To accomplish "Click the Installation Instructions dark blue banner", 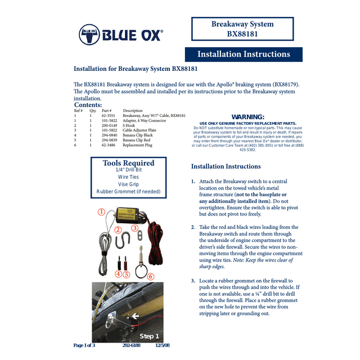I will [244, 54].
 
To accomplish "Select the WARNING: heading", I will [247, 116].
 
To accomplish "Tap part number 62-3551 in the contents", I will [109, 115].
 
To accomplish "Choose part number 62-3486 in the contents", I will [109, 145].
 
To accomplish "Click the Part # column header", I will [107, 110].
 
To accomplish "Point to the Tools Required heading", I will [128, 163].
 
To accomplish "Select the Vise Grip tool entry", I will [128, 184].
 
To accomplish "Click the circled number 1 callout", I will [101, 212].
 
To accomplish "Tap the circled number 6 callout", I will [151, 276].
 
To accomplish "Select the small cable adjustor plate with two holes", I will [136, 238].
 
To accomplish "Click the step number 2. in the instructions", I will [193, 227].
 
